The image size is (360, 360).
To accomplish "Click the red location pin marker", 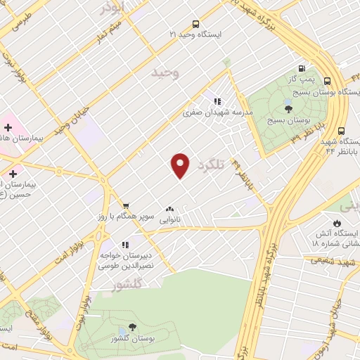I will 181,165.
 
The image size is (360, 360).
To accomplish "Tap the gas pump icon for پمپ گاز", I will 302,69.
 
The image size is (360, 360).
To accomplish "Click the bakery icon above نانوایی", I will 169,209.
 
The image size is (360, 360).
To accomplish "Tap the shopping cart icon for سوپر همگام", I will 125,205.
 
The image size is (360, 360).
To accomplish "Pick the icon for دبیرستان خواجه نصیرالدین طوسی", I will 124,245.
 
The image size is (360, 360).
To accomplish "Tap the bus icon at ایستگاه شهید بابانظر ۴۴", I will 341,130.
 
